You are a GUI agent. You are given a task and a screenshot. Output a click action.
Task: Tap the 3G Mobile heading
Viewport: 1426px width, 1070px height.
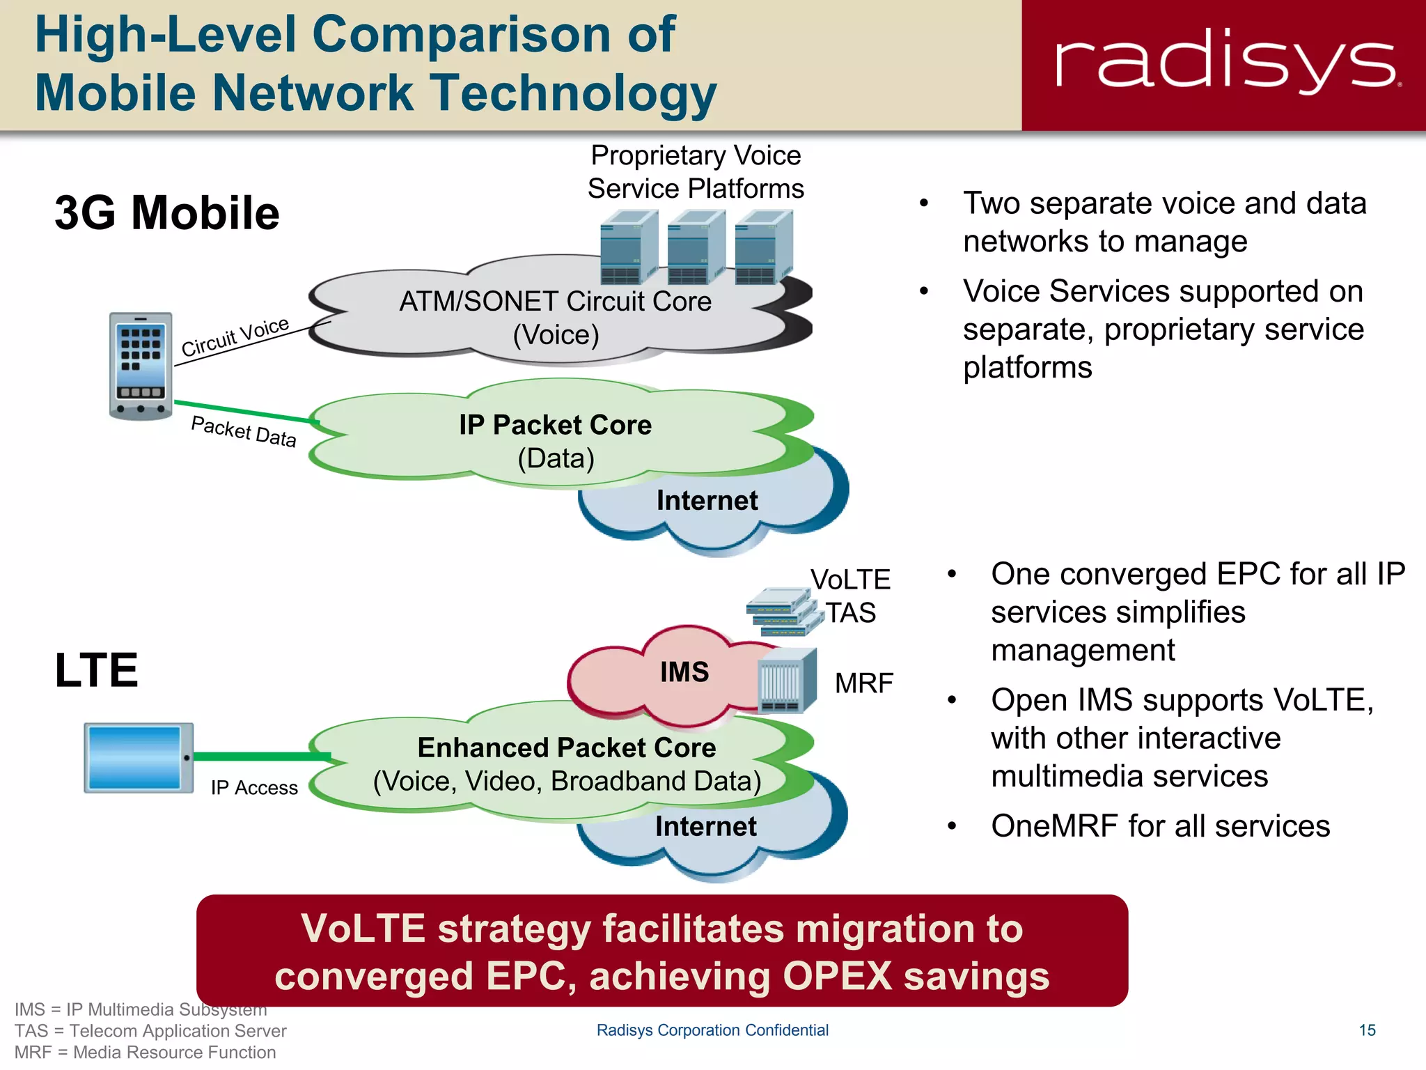(167, 213)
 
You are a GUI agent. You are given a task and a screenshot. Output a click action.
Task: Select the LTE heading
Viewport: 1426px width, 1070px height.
(96, 670)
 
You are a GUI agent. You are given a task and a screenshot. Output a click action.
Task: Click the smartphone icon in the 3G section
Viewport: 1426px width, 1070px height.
(141, 366)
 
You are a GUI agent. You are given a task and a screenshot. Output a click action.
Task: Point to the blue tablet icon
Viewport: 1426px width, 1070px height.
(138, 758)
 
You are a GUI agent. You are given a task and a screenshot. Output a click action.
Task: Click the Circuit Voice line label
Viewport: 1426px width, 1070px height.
(235, 336)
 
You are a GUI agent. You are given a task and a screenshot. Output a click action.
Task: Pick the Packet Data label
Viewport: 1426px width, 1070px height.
(244, 431)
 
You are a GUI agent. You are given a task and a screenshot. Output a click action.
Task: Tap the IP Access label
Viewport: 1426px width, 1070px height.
(254, 788)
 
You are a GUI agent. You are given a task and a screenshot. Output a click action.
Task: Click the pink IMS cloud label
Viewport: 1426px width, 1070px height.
(684, 672)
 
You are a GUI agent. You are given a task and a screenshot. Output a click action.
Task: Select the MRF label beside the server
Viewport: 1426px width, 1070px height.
(863, 683)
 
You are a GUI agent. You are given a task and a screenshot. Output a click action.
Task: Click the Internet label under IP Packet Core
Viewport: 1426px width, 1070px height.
(707, 501)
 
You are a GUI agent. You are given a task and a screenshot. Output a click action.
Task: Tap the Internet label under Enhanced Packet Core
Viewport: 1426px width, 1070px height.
(705, 827)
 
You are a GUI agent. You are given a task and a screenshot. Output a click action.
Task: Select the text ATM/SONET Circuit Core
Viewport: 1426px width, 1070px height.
(555, 302)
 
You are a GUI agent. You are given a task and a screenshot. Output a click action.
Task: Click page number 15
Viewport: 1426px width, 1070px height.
(1367, 1030)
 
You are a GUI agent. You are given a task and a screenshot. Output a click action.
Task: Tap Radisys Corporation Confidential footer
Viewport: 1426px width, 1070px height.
(712, 1030)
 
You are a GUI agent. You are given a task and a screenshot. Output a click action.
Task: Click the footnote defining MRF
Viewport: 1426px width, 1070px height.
(145, 1052)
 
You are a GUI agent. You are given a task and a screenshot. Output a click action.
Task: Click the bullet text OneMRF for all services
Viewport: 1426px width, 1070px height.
(1160, 826)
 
